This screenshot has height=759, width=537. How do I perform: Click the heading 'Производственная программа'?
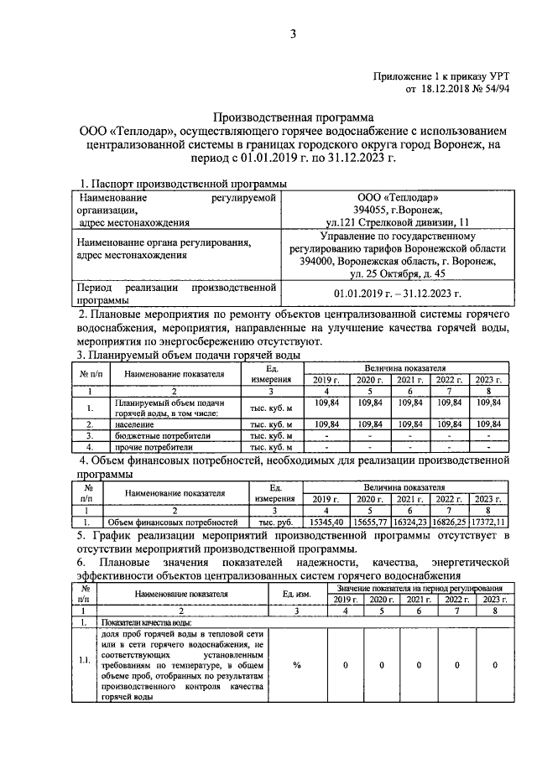294,118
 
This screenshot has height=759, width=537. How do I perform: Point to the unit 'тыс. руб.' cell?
275,522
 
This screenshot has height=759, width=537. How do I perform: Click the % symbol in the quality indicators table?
296,665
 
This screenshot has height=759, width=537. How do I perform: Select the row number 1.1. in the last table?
84,660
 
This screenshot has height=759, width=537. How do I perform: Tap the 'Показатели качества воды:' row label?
148,623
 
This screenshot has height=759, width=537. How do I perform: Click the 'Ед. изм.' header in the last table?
296,594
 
